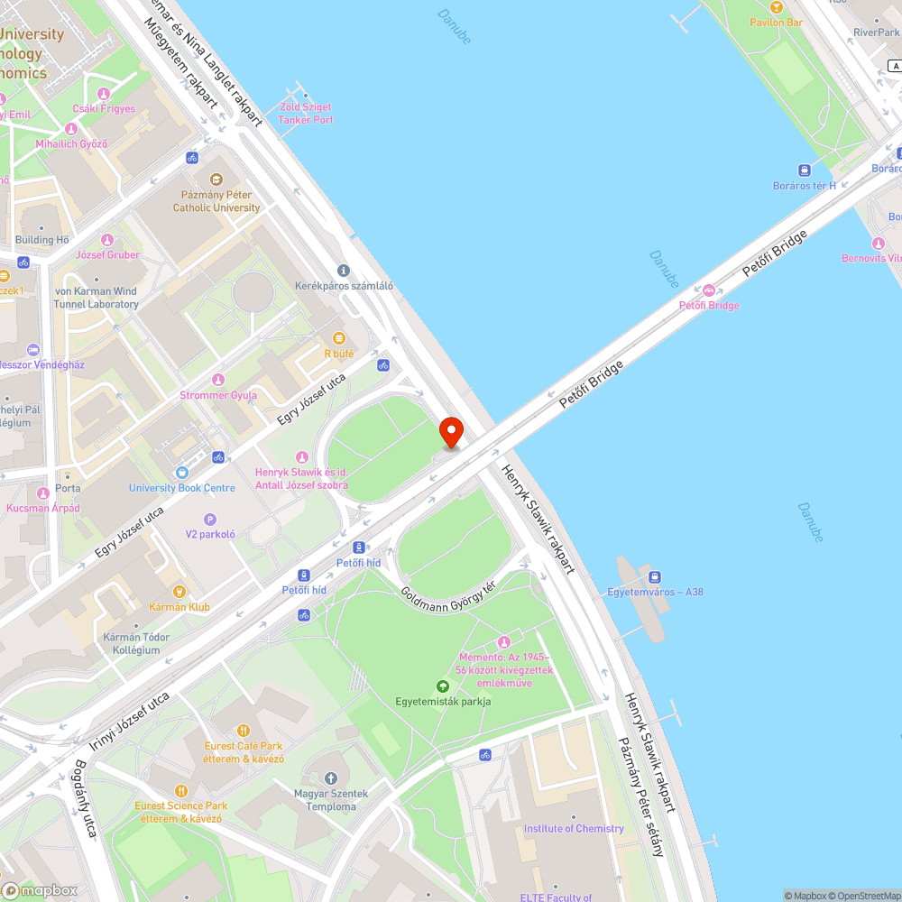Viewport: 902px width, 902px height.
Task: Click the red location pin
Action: [x=449, y=431]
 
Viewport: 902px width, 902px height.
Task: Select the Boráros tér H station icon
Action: [x=803, y=170]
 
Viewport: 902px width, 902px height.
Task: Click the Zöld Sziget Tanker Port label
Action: [x=306, y=114]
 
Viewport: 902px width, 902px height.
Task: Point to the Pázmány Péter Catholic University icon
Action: [x=216, y=179]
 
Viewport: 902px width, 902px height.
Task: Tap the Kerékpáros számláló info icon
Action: [x=343, y=271]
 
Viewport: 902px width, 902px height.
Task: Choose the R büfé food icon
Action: [x=339, y=338]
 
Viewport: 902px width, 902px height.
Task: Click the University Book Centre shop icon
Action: [x=182, y=472]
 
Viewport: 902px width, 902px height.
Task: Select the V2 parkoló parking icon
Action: [x=210, y=519]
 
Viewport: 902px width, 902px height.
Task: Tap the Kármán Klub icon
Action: [x=179, y=592]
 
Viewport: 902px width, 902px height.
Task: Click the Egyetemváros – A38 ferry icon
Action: [x=655, y=577]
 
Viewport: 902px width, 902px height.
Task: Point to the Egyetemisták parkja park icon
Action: [x=442, y=686]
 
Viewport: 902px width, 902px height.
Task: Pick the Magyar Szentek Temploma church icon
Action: [x=330, y=778]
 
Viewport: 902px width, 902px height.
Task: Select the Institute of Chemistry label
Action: [x=574, y=828]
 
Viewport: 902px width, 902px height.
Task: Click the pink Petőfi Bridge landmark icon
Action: [x=709, y=290]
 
